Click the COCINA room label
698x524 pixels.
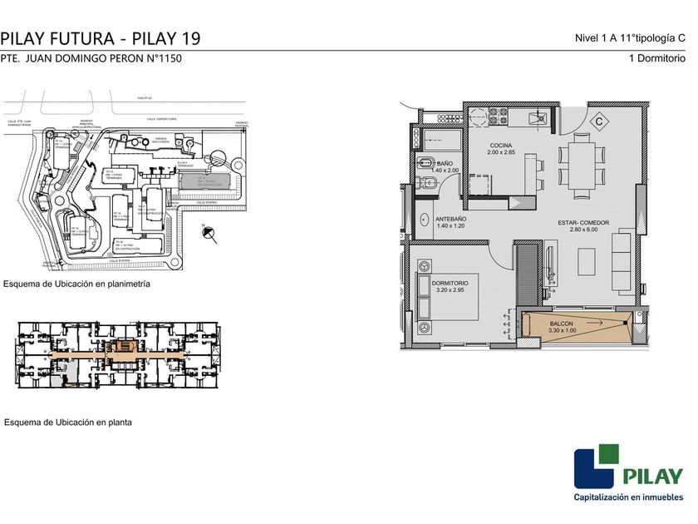point(501,146)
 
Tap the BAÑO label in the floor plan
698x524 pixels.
point(444,164)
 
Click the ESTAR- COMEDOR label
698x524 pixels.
point(584,223)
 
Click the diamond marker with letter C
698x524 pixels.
point(597,121)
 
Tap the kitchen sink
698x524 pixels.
point(540,119)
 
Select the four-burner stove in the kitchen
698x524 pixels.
point(483,119)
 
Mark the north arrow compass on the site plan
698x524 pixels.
point(209,234)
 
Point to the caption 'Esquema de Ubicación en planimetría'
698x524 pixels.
point(76,284)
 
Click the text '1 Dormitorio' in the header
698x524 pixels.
point(657,59)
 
